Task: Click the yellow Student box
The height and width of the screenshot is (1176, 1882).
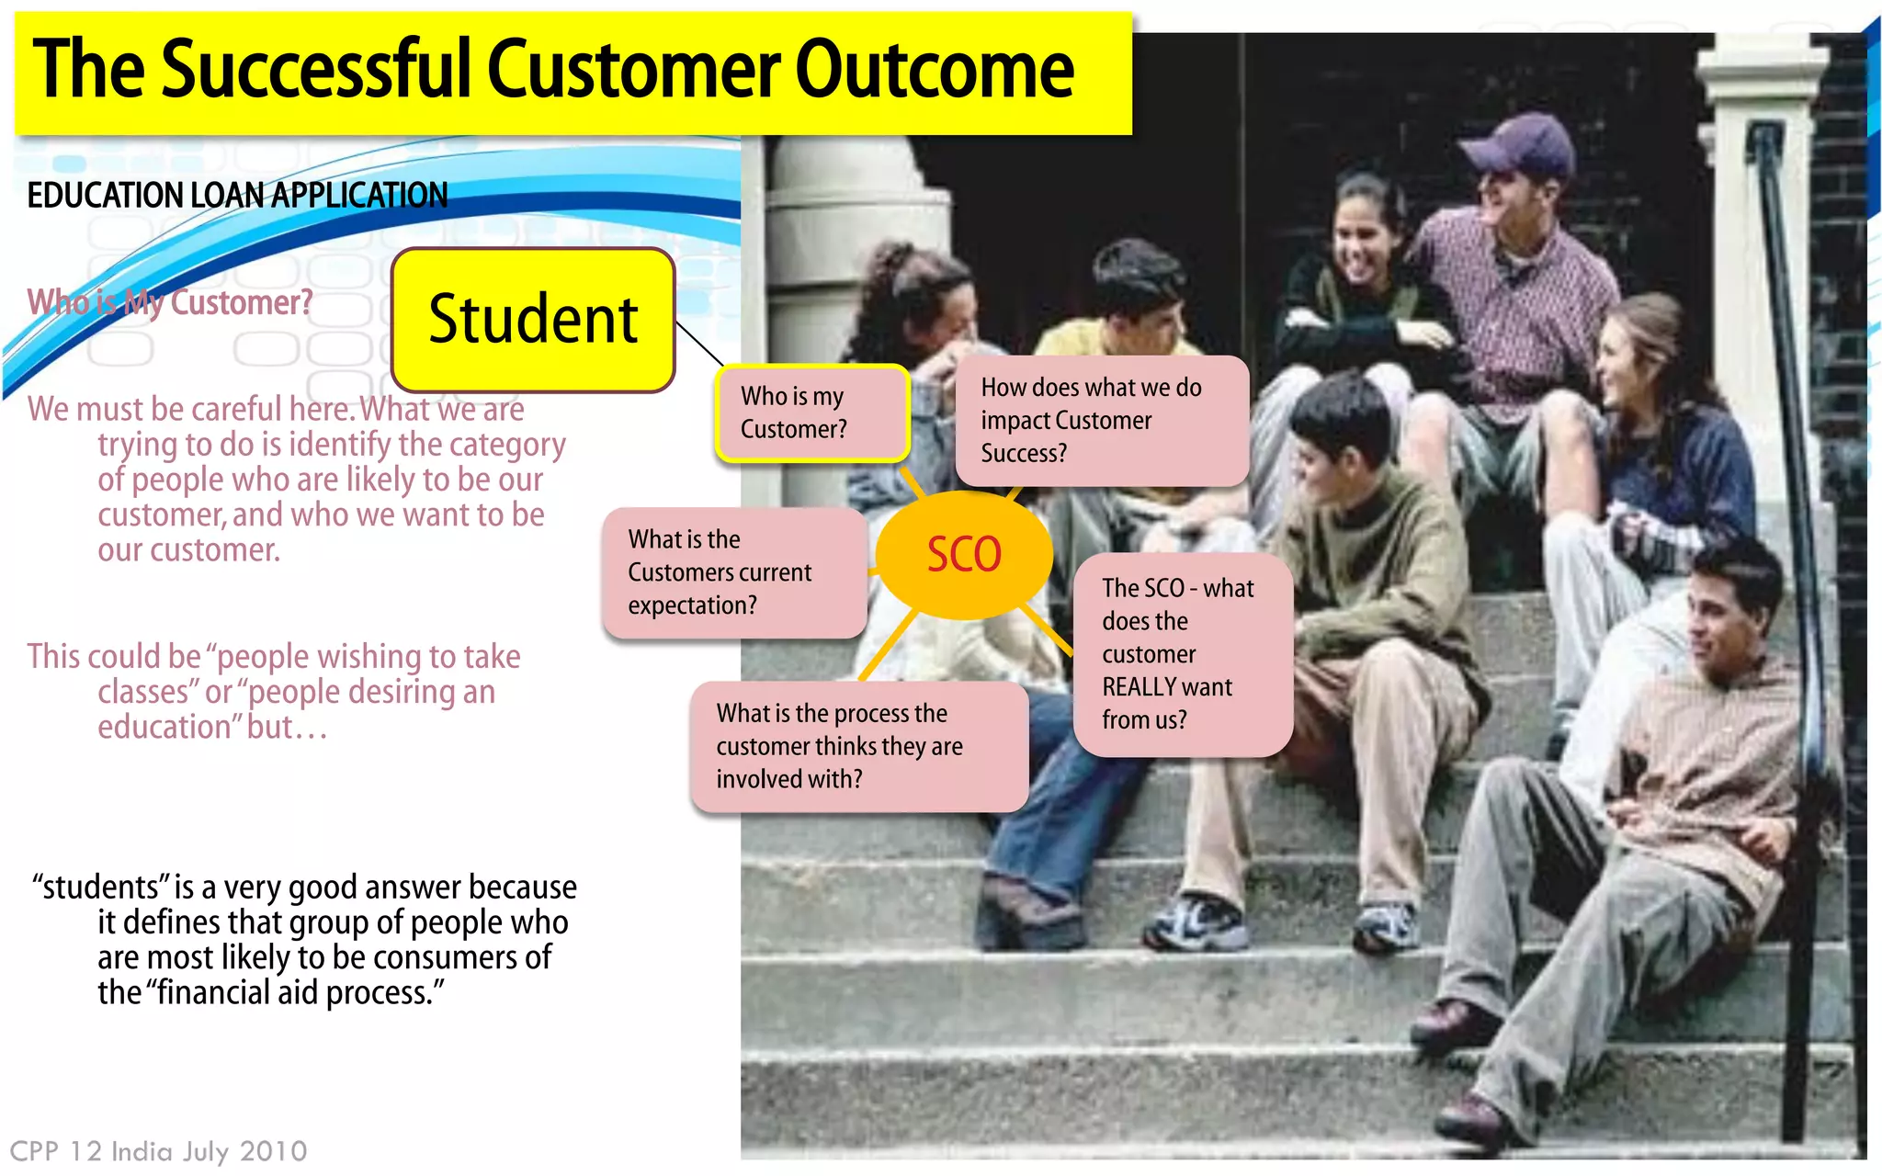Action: coord(533,320)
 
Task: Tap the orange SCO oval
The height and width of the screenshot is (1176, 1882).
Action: coord(963,554)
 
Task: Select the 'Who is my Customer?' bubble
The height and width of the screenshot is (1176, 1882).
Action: coord(812,413)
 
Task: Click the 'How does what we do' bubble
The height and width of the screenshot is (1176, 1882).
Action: coord(1101,421)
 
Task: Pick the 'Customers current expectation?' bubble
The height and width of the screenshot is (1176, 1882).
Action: coord(734,572)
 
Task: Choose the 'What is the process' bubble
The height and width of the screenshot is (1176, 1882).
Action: coord(858,746)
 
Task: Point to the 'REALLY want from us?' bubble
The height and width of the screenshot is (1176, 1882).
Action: coord(1182,654)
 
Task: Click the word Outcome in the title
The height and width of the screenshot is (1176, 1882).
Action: coord(934,70)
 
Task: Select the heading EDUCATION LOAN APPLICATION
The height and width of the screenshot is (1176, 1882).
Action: coord(237,196)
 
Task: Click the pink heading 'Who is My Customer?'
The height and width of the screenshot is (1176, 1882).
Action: coord(170,302)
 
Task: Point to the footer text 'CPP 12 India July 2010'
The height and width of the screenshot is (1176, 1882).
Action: coord(158,1151)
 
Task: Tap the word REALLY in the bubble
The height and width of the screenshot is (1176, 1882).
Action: coord(1141,687)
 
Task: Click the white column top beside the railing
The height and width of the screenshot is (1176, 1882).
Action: coord(1759,64)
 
